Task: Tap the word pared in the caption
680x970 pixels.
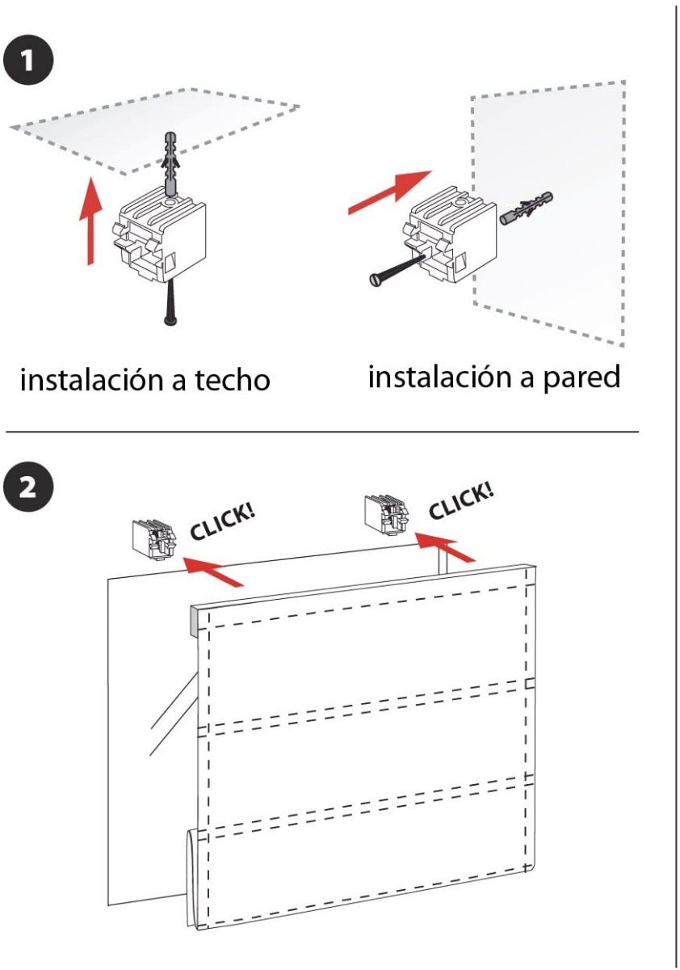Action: coord(581,377)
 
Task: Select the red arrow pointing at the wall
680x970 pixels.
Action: coord(389,192)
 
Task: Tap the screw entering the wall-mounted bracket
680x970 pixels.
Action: coord(396,268)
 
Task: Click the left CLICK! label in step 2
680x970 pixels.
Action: coord(223,521)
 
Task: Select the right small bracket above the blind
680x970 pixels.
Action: coord(386,513)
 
